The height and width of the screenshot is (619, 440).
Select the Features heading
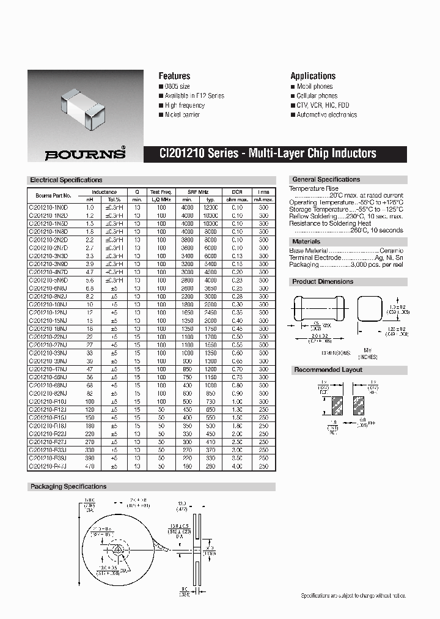[174, 76]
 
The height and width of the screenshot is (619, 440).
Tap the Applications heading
[313, 76]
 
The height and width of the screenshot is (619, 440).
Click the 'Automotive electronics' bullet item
[326, 115]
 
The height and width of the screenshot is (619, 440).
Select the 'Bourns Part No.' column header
[54, 196]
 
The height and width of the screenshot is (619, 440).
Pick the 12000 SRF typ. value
[210, 208]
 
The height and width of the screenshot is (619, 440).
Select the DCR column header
[237, 191]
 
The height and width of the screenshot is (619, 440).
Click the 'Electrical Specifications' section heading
[66, 180]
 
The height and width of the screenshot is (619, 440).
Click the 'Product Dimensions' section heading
[323, 282]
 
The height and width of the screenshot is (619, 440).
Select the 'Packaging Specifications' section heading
[68, 487]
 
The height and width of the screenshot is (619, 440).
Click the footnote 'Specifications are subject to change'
[353, 596]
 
